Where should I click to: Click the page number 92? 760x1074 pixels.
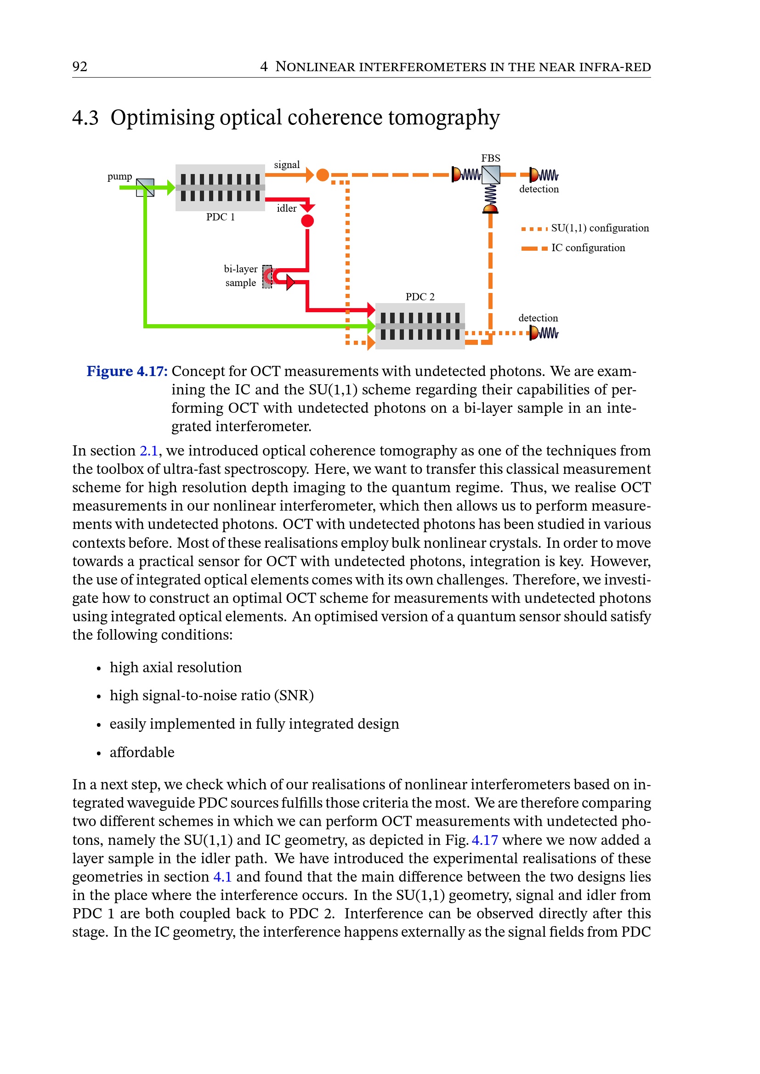pyautogui.click(x=79, y=67)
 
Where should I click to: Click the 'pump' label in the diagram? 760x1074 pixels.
pyautogui.click(x=119, y=176)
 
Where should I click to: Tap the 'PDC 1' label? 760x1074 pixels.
pyautogui.click(x=221, y=217)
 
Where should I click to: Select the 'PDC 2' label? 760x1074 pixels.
pyautogui.click(x=420, y=297)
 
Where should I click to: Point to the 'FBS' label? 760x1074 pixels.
pyautogui.click(x=490, y=158)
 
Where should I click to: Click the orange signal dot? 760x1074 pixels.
pyautogui.click(x=323, y=175)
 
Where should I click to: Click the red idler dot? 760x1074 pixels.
pyautogui.click(x=307, y=221)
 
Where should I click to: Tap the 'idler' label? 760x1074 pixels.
pyautogui.click(x=286, y=208)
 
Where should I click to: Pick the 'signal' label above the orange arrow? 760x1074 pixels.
pyautogui.click(x=287, y=165)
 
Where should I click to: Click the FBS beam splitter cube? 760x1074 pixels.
pyautogui.click(x=490, y=175)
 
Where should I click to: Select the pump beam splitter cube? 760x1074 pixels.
pyautogui.click(x=145, y=188)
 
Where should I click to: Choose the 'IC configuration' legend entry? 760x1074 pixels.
pyautogui.click(x=587, y=248)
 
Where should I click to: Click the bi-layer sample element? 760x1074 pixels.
pyautogui.click(x=267, y=276)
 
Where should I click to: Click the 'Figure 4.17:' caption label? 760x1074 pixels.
pyautogui.click(x=127, y=371)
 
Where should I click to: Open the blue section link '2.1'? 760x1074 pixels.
pyautogui.click(x=149, y=450)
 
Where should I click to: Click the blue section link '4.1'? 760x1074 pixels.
pyautogui.click(x=222, y=877)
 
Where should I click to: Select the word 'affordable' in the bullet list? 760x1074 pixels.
pyautogui.click(x=142, y=753)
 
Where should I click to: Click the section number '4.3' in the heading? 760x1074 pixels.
pyautogui.click(x=85, y=118)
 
